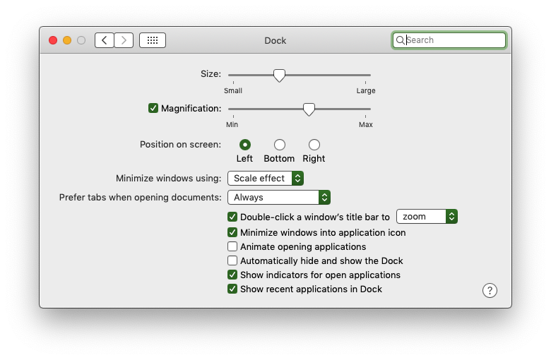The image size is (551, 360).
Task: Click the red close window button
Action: click(x=53, y=40)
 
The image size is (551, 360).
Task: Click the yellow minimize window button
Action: click(x=67, y=40)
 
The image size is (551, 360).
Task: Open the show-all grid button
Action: click(x=153, y=40)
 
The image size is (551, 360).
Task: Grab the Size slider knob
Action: click(x=279, y=75)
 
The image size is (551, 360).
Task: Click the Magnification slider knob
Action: click(x=309, y=109)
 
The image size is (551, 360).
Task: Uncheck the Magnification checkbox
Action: click(x=153, y=108)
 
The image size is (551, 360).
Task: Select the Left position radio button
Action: click(x=245, y=145)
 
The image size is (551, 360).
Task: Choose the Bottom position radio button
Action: click(x=280, y=145)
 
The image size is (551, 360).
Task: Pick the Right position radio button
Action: click(x=314, y=145)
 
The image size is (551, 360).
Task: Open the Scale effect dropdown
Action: click(x=266, y=179)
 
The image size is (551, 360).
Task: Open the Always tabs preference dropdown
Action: click(x=279, y=198)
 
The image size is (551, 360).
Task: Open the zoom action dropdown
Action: click(x=427, y=216)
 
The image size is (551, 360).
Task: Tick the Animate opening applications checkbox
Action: click(x=232, y=246)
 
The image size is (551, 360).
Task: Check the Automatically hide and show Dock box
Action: click(x=232, y=260)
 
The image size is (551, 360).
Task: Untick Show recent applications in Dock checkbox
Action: click(x=232, y=289)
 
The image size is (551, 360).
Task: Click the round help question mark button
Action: click(x=490, y=290)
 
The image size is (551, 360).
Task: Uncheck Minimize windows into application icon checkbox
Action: click(x=232, y=232)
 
